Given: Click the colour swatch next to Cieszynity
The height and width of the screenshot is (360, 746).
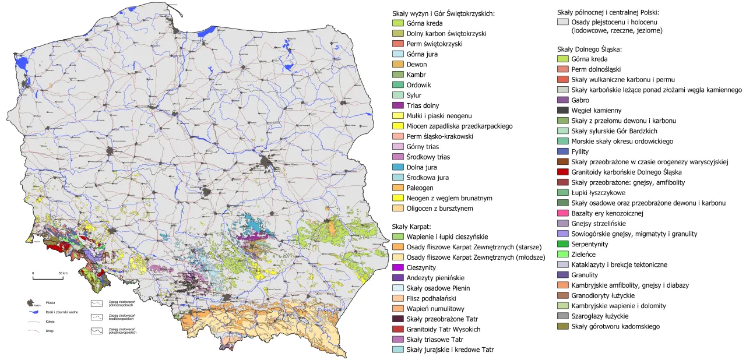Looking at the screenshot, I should pyautogui.click(x=397, y=267).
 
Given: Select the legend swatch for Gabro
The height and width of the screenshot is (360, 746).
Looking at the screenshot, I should pyautogui.click(x=563, y=100).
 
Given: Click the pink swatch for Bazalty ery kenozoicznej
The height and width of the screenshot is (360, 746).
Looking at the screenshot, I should pyautogui.click(x=563, y=213).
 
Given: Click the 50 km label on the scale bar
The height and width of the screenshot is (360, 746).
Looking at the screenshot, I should pyautogui.click(x=63, y=273).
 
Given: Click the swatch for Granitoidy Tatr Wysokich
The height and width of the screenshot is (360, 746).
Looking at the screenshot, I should pyautogui.click(x=397, y=329).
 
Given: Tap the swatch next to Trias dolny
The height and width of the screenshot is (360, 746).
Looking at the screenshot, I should pyautogui.click(x=397, y=105).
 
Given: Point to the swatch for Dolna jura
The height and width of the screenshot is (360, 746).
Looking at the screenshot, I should pyautogui.click(x=397, y=167).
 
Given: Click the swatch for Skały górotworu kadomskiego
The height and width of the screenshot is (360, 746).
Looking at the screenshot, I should pyautogui.click(x=563, y=326).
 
